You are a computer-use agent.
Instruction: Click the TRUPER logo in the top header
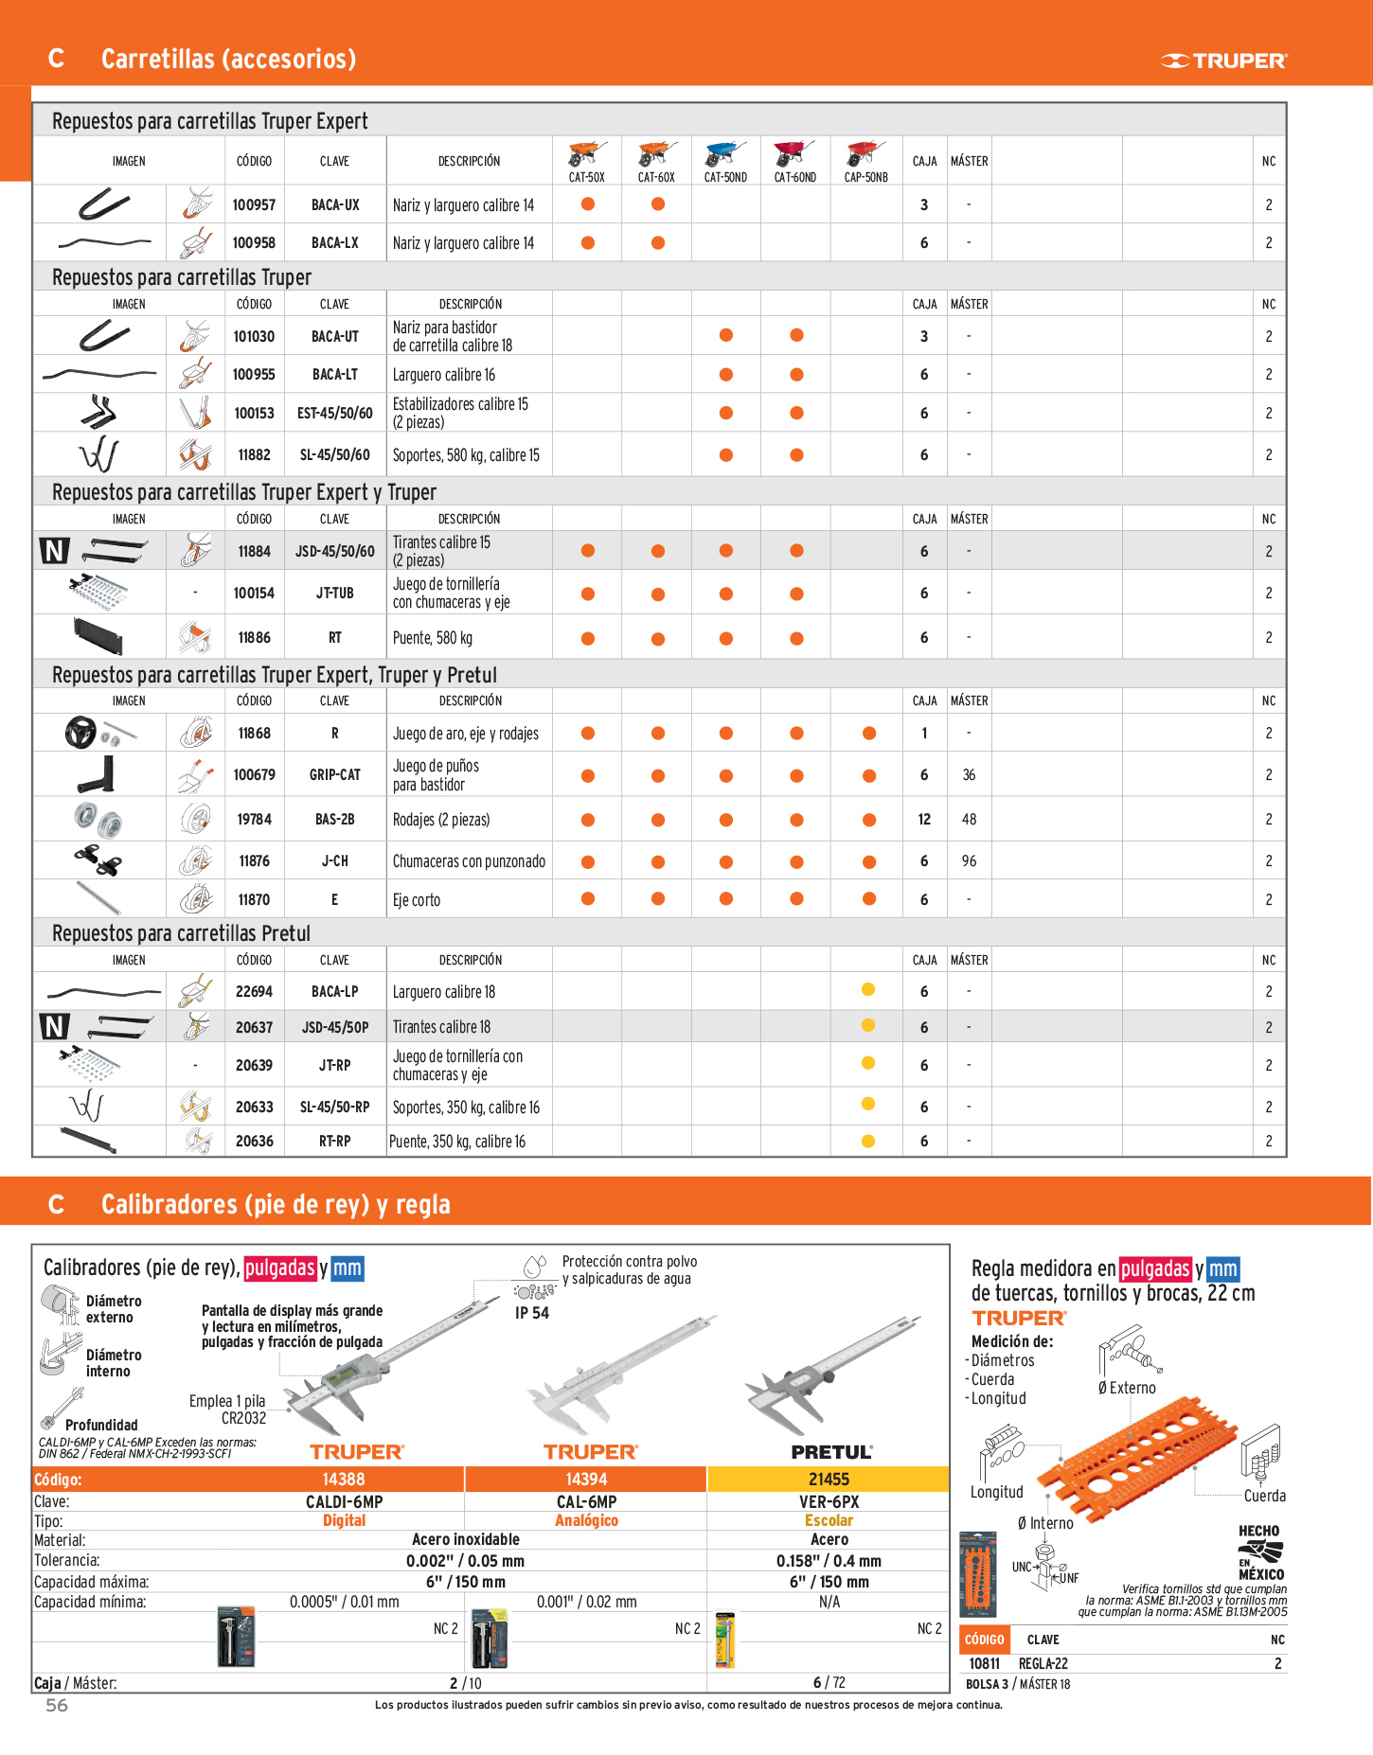[x=1223, y=62]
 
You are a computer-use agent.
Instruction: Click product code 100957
[x=254, y=204]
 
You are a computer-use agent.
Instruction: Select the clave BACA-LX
[x=335, y=243]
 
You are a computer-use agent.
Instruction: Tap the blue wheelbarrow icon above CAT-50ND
[x=725, y=153]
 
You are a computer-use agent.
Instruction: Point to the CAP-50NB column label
[x=865, y=177]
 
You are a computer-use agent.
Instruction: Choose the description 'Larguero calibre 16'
[x=444, y=375]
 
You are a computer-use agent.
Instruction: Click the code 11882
[x=254, y=455]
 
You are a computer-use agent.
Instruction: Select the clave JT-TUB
[x=335, y=594]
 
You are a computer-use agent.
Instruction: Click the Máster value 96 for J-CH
[x=969, y=861]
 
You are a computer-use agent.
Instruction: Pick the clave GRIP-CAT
[x=335, y=775]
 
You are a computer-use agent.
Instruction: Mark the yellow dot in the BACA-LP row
[x=868, y=990]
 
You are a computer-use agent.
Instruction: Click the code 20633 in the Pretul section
[x=254, y=1107]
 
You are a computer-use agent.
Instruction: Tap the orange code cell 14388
[x=343, y=1480]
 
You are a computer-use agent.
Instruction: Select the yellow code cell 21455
[x=829, y=1480]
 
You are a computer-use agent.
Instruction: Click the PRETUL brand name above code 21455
[x=831, y=1452]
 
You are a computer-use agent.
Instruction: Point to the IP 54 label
[x=532, y=1313]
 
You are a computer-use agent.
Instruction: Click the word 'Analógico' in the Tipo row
[x=586, y=1520]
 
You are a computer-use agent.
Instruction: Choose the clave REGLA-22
[x=1043, y=1663]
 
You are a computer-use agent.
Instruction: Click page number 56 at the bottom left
[x=57, y=1705]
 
